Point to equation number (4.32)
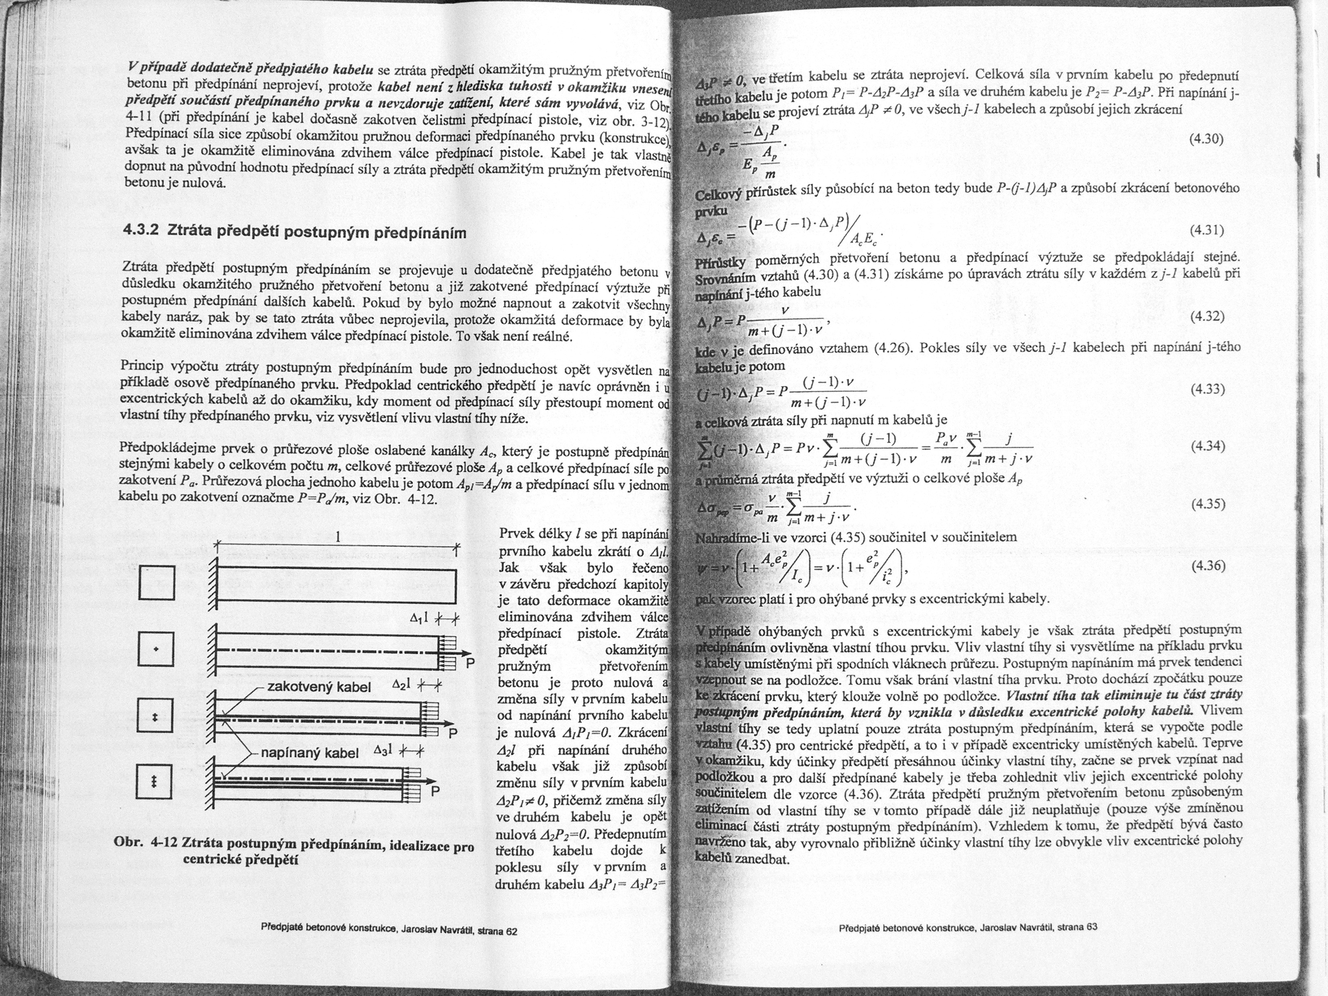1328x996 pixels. pyautogui.click(x=1207, y=317)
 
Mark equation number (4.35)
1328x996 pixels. pyautogui.click(x=1207, y=504)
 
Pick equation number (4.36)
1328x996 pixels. pyautogui.click(x=1207, y=566)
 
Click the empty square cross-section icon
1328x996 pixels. pyautogui.click(x=157, y=583)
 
